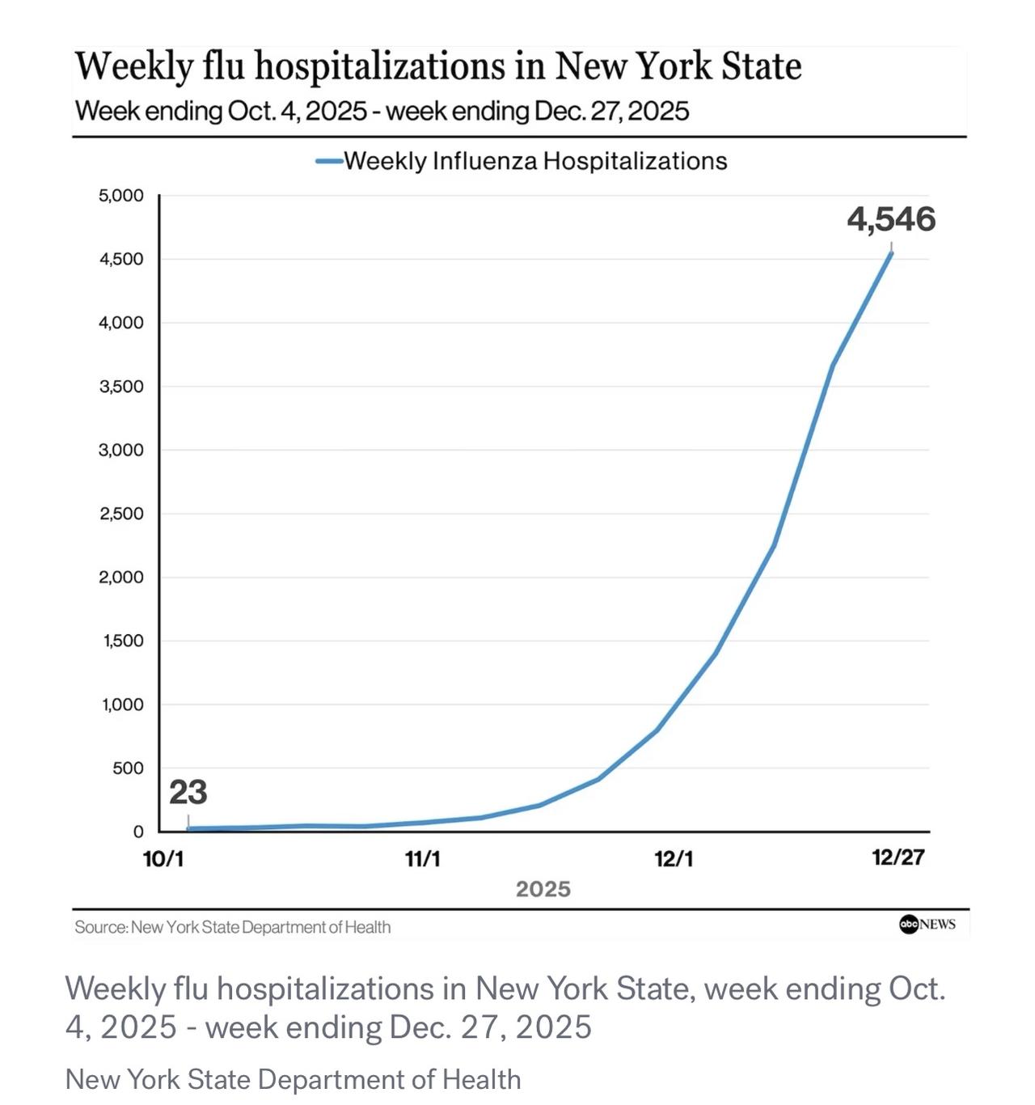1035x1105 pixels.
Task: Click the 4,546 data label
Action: point(891,219)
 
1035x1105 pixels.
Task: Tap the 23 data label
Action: point(188,793)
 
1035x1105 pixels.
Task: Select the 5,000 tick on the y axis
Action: point(121,196)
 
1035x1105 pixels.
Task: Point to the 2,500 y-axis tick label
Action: point(121,514)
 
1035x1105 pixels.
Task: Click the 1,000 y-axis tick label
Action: point(122,705)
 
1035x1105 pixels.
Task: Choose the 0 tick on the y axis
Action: point(138,832)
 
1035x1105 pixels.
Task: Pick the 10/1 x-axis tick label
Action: point(163,858)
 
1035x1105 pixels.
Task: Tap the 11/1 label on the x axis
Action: point(423,858)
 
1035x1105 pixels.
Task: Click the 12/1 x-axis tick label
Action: point(674,858)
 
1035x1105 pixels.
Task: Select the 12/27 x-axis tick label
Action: point(898,857)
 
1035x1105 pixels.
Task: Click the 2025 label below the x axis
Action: point(543,889)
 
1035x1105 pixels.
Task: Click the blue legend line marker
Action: point(329,161)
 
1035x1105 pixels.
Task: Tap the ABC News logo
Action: point(927,924)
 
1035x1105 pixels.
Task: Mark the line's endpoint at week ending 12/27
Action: point(891,252)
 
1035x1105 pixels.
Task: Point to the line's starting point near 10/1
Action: point(188,828)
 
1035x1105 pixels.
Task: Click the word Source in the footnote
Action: point(100,927)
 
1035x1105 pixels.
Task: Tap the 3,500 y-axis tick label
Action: point(121,387)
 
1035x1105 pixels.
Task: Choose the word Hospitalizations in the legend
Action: point(635,161)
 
